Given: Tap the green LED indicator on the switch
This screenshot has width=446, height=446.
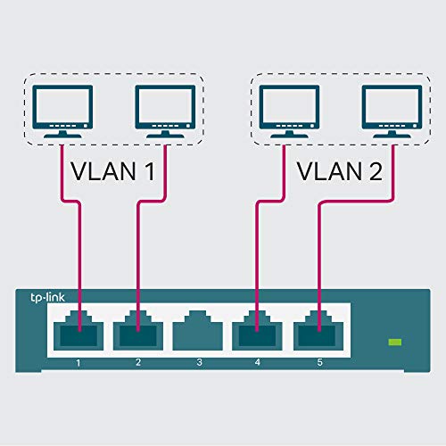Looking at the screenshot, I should coord(393,342).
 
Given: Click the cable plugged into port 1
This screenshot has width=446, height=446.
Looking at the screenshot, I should coord(80,259).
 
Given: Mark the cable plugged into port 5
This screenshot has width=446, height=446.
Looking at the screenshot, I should coord(318,259).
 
